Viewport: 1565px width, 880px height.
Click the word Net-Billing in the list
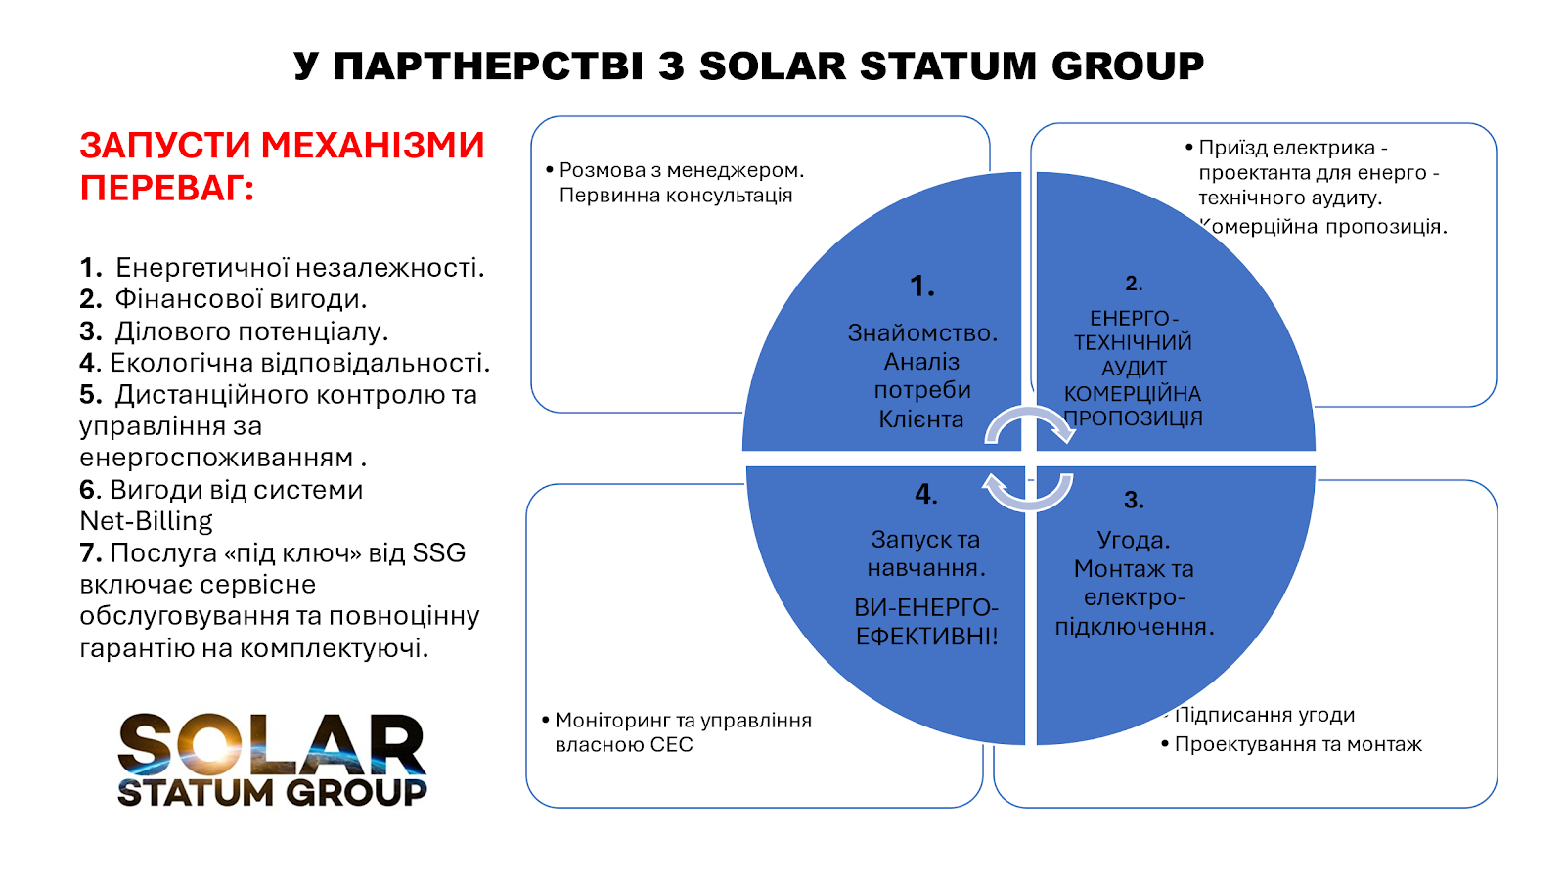coord(146,521)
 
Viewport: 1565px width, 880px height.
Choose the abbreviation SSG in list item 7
coord(439,553)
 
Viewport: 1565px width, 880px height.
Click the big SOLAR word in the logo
coord(272,744)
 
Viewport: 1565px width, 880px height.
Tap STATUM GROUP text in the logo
coord(272,793)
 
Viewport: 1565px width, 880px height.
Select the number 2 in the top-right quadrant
coord(1131,283)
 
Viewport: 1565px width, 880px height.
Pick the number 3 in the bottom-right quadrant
coord(1131,500)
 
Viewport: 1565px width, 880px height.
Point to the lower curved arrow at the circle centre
coord(1028,503)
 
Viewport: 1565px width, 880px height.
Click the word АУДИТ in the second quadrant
coord(1134,368)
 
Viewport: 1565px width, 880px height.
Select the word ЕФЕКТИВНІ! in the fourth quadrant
coord(926,637)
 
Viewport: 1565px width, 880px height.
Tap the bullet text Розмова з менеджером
coord(682,170)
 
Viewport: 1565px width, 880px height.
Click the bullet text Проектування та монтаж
coord(1298,744)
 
